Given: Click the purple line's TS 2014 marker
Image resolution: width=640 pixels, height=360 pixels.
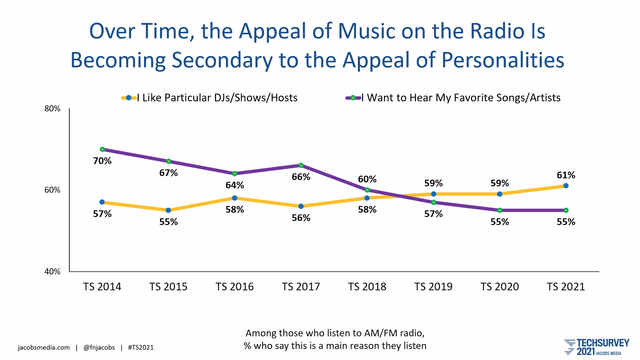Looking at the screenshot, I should pos(102,149).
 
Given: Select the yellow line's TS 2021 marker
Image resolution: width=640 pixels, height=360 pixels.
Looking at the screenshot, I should pos(566,186).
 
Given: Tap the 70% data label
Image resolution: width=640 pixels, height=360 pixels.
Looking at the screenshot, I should pos(102,161).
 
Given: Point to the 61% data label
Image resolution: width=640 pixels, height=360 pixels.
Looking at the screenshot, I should pos(566,175).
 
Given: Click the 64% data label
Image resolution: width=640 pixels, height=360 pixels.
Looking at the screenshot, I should pos(235,185).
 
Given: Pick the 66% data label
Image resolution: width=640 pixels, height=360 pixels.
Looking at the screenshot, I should pos(301,177).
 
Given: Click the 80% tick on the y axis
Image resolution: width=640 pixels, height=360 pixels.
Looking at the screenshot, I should pos(52,109).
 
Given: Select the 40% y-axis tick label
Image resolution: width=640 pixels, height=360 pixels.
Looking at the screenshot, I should pos(52,272).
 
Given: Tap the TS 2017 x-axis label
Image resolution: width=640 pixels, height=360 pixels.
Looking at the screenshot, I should pos(301,287).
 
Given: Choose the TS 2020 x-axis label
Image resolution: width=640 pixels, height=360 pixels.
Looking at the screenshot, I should pos(500,287).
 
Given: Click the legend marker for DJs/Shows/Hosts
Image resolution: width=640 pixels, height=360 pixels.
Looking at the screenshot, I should pos(129,98).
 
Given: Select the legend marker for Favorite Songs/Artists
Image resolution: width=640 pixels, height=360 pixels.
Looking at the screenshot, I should pos(353,98).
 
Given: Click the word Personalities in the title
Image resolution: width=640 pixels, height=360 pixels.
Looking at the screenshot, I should pos(503,60).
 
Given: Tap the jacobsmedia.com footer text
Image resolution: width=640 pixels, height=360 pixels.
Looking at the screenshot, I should pos(44,348).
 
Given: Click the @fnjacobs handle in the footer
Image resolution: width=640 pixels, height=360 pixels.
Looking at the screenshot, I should pos(99,348).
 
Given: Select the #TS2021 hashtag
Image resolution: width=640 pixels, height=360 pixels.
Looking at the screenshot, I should pos(141,348).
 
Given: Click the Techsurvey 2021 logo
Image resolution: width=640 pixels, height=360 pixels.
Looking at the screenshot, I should pos(597,347).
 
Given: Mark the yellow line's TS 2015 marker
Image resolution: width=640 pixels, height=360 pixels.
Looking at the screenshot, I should pos(168,210).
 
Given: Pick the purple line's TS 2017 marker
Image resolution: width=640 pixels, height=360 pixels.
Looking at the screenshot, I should pos(301,165).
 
